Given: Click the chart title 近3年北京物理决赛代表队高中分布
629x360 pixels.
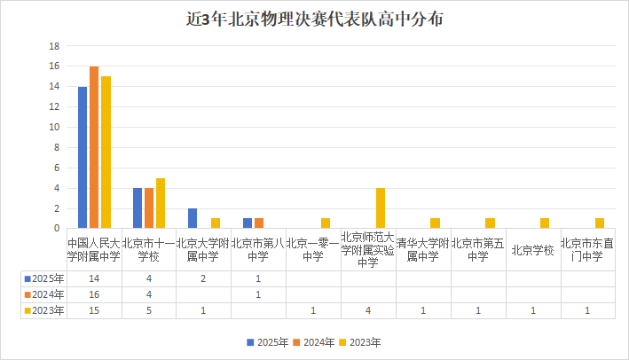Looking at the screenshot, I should coord(315,18).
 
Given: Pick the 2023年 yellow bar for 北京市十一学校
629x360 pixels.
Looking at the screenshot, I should coord(161,203).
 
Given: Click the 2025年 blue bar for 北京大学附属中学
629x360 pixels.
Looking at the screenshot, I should coord(193,218).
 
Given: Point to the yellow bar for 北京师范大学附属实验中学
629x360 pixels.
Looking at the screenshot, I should coord(381,208).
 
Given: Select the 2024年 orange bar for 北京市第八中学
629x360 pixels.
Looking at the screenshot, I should coord(259,223).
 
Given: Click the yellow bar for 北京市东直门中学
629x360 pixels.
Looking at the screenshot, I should coord(600,223).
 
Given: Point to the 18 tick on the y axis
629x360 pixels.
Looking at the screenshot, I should coord(54,46).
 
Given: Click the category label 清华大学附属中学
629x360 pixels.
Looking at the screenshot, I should coord(423,249).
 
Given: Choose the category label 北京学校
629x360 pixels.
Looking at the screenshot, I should coord(533,250).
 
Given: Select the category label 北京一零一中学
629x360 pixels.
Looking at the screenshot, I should coord(313,249).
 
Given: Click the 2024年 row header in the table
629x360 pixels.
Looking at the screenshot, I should coord(44,294).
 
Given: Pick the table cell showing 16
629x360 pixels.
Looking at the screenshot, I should coord(94,294).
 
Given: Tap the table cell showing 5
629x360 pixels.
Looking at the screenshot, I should coord(149,310).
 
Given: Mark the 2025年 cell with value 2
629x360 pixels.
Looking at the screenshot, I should coord(204,278).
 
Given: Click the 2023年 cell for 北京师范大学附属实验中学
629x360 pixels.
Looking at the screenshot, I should coord(368,310).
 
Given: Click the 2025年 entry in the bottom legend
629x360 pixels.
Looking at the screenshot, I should coord(267,341).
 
